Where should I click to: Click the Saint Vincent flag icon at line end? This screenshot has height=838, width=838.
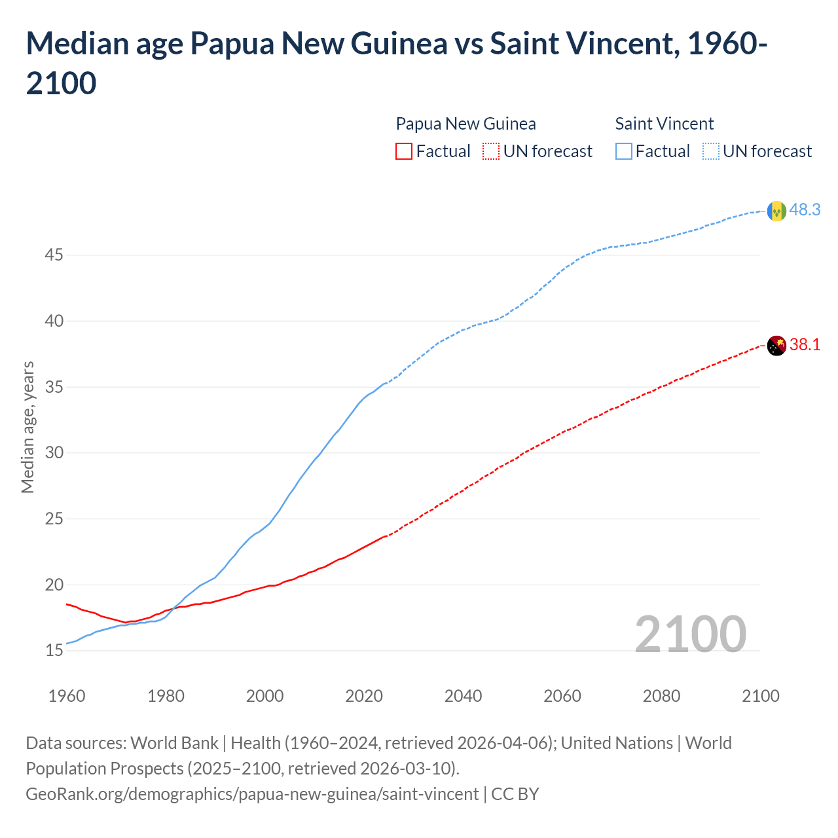pyautogui.click(x=776, y=211)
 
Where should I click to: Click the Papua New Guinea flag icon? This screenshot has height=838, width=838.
pyautogui.click(x=776, y=345)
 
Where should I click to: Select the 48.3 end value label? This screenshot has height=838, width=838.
pyautogui.click(x=805, y=209)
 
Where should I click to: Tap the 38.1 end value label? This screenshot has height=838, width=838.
pyautogui.click(x=805, y=344)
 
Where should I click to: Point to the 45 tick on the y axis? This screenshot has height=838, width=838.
pyautogui.click(x=54, y=255)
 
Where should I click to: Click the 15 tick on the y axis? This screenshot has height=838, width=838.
pyautogui.click(x=54, y=650)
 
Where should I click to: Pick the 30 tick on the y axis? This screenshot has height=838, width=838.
pyautogui.click(x=54, y=452)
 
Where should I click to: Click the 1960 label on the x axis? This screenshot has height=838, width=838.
pyautogui.click(x=67, y=696)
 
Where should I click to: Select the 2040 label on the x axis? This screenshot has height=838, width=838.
pyautogui.click(x=463, y=696)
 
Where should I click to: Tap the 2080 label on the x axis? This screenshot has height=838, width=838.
pyautogui.click(x=661, y=696)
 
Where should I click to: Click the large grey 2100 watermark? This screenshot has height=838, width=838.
pyautogui.click(x=690, y=634)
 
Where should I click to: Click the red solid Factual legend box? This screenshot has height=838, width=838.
pyautogui.click(x=404, y=151)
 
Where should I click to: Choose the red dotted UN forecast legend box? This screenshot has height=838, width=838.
pyautogui.click(x=491, y=151)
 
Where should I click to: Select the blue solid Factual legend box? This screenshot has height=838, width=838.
pyautogui.click(x=624, y=151)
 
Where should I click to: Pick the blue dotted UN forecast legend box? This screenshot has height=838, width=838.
pyautogui.click(x=711, y=151)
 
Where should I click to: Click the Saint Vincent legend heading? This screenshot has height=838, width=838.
pyautogui.click(x=664, y=124)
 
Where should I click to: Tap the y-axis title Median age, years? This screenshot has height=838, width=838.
pyautogui.click(x=27, y=427)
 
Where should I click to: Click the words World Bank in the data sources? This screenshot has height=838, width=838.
pyautogui.click(x=174, y=743)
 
